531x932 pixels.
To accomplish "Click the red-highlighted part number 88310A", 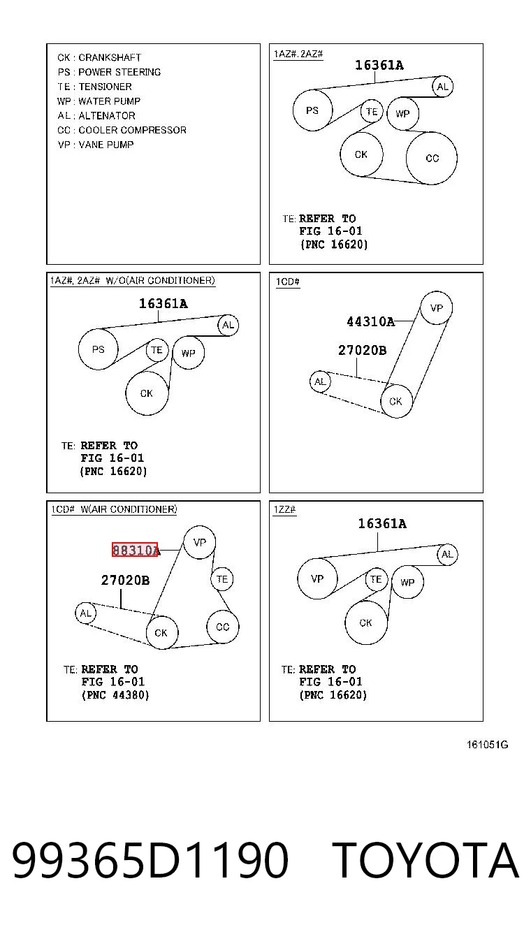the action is (135, 550).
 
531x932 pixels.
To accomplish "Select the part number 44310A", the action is (370, 321).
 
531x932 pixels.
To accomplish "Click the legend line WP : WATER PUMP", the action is (99, 101).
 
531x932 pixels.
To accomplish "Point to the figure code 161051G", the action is (487, 744).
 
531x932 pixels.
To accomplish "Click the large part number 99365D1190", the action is (150, 861).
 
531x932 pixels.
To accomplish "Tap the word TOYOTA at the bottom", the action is (425, 861).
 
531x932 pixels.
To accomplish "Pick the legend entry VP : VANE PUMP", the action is (96, 145).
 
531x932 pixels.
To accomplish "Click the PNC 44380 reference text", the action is (115, 695).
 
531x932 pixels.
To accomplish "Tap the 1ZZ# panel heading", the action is (284, 509).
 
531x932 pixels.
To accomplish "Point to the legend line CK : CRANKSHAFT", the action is (99, 57).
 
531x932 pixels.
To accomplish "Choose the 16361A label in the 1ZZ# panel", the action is (382, 523).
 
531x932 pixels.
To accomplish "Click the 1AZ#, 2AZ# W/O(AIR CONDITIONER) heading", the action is (133, 280).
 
